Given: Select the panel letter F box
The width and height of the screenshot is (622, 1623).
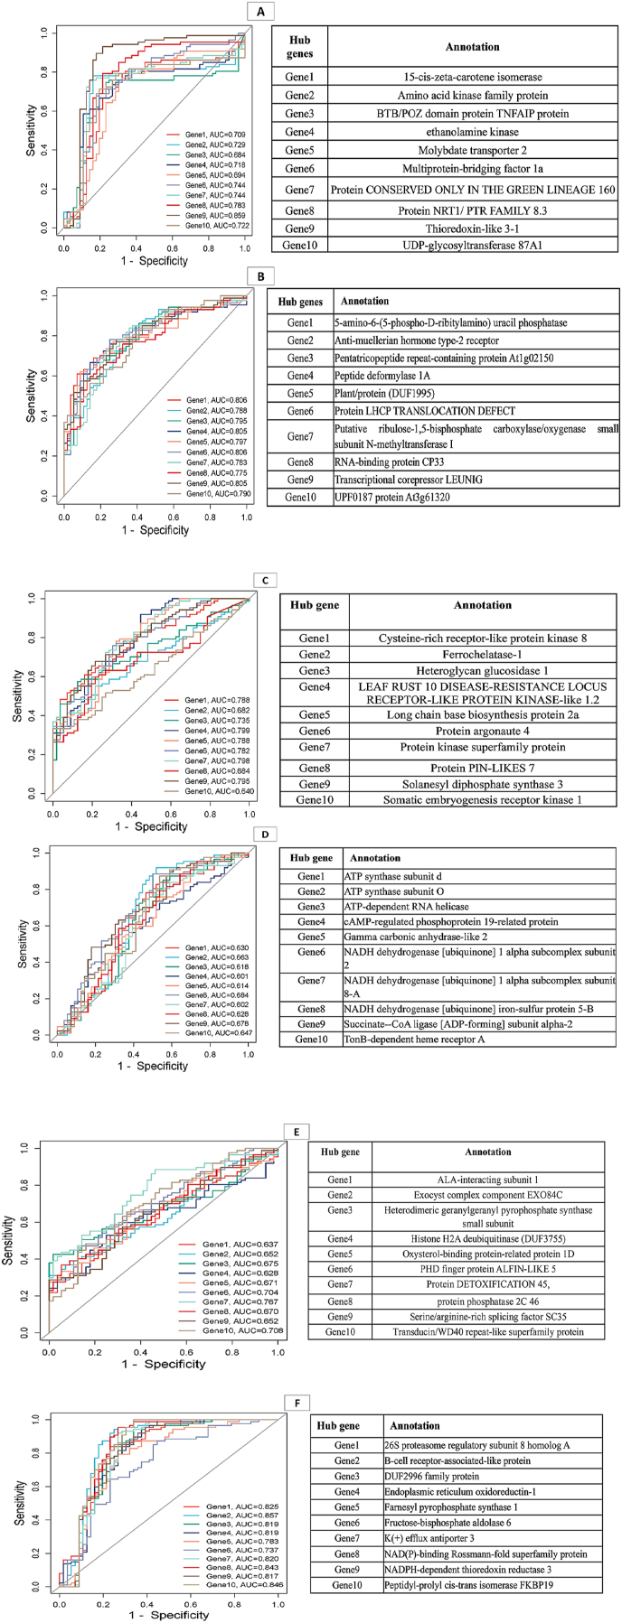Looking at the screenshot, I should coord(297,1402).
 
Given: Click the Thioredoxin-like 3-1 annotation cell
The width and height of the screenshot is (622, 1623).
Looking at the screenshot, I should coord(472,229).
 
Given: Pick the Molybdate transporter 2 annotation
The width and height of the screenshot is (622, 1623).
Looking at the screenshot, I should coord(472,150).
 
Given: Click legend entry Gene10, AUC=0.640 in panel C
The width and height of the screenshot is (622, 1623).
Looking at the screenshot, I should coord(219,791).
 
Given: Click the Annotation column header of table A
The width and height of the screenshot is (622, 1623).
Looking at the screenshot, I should coord(472,46).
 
